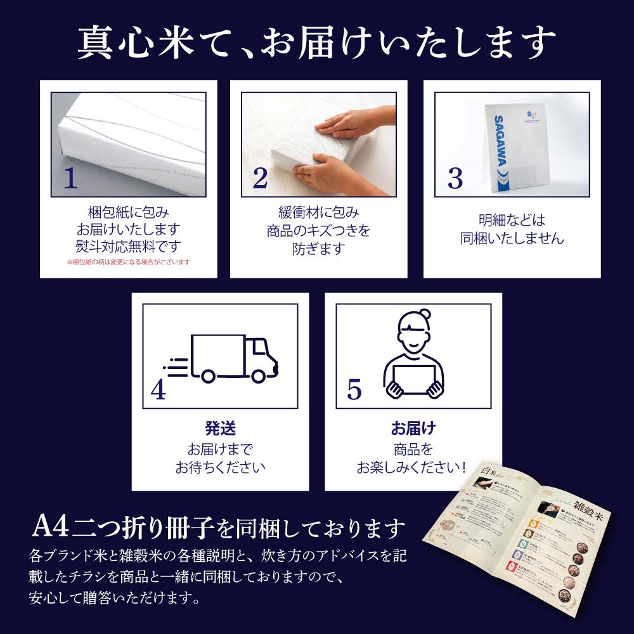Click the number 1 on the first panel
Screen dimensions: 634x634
[x=70, y=179]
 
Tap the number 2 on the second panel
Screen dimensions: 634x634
[x=260, y=179]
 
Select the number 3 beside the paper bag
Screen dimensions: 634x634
[x=455, y=179]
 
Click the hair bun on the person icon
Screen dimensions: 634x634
[x=424, y=314]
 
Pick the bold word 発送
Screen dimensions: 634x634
[x=220, y=428]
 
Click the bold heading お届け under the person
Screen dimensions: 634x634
[x=413, y=428]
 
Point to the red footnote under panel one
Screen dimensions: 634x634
[x=128, y=262]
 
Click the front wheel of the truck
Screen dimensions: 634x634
[x=257, y=375]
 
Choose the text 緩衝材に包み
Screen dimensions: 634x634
[x=318, y=212]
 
